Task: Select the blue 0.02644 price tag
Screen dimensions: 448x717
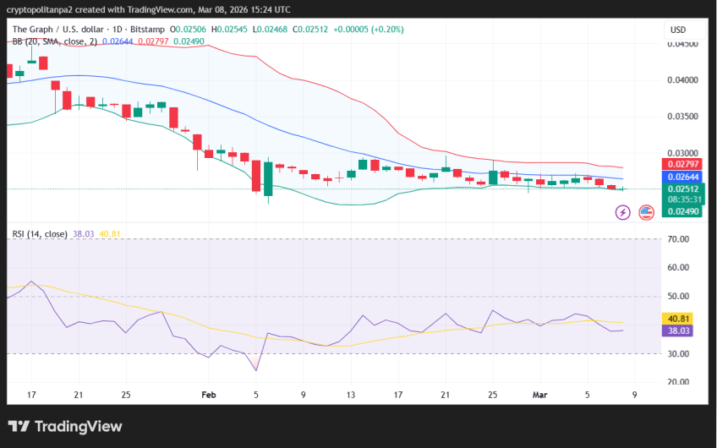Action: (x=681, y=177)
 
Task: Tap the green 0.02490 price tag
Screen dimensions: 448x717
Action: (x=681, y=211)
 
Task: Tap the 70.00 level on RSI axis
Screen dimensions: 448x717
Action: (x=678, y=239)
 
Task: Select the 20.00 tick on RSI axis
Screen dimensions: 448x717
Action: (x=678, y=382)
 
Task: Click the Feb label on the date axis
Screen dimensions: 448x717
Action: (x=209, y=394)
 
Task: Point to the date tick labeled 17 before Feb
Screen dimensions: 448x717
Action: (x=31, y=394)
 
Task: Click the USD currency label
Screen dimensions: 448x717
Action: (x=678, y=30)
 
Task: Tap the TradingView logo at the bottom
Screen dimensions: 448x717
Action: (x=65, y=427)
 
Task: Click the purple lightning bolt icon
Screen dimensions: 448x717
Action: (x=622, y=212)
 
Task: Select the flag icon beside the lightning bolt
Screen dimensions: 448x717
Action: (x=647, y=212)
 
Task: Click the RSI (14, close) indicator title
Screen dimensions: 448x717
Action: (x=40, y=234)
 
